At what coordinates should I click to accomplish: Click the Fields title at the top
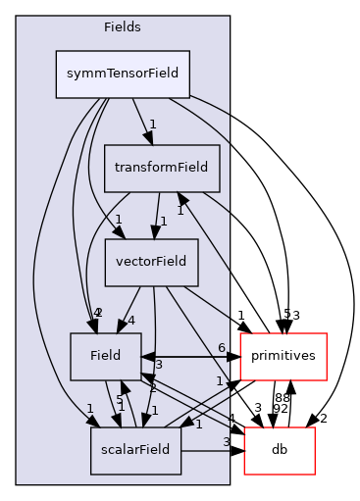pyautogui.click(x=123, y=27)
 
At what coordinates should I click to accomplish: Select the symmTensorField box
pyautogui.click(x=123, y=74)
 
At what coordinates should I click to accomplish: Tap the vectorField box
pyautogui.click(x=152, y=262)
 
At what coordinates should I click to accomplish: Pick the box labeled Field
pyautogui.click(x=105, y=356)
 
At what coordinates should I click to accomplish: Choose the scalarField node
pyautogui.click(x=136, y=450)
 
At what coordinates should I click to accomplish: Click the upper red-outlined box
pyautogui.click(x=283, y=357)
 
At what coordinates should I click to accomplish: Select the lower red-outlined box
pyautogui.click(x=279, y=451)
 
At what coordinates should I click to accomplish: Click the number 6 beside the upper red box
pyautogui.click(x=222, y=348)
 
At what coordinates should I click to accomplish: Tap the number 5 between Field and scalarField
pyautogui.click(x=120, y=400)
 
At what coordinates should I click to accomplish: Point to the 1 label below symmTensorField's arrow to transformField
pyautogui.click(x=152, y=125)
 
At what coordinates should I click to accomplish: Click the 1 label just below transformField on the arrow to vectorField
pyautogui.click(x=164, y=221)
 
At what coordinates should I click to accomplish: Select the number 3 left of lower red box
pyautogui.click(x=226, y=442)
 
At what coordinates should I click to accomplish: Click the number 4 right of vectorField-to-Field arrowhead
pyautogui.click(x=129, y=320)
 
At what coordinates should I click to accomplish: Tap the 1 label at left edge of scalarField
pyautogui.click(x=89, y=409)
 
